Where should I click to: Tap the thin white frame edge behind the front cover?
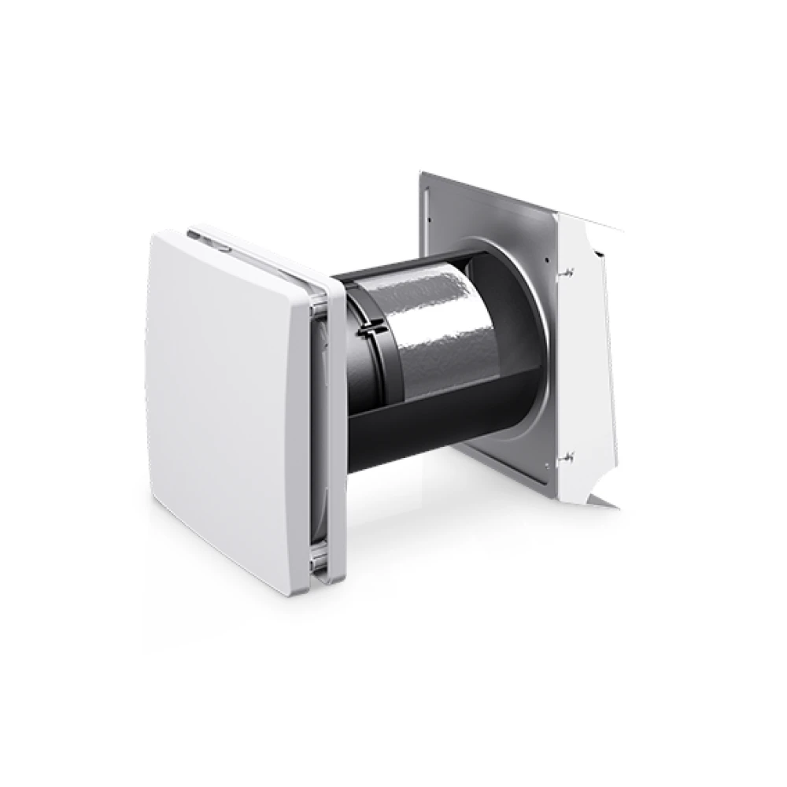(x=334, y=433)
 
